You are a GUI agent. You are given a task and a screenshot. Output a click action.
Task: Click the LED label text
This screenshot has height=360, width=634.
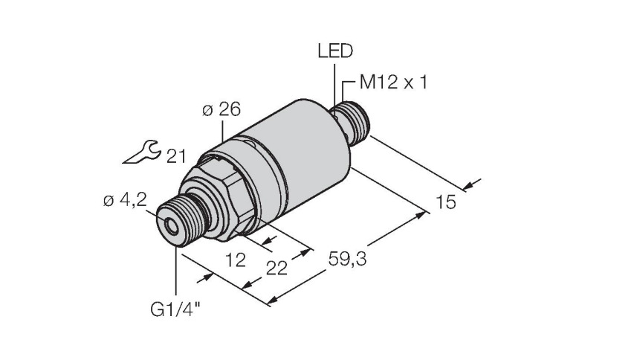(335, 51)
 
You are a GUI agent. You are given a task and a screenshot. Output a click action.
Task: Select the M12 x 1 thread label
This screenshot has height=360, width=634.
(393, 83)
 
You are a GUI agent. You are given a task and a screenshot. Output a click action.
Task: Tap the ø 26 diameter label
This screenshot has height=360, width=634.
(221, 109)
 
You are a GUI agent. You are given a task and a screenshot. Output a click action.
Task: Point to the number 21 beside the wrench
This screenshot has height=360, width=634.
(176, 156)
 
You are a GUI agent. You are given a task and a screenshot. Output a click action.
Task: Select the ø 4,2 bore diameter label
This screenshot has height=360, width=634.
(125, 200)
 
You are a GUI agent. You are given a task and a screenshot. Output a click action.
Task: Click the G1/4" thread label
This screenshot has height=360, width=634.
(175, 310)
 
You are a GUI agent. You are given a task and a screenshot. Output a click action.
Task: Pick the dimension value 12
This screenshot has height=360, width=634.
(236, 260)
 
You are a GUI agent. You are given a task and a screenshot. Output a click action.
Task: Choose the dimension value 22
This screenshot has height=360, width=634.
(276, 269)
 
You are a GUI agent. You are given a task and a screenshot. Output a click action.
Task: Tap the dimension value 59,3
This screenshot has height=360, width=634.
(347, 260)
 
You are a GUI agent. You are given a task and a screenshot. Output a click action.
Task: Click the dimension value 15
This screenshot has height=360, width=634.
(446, 202)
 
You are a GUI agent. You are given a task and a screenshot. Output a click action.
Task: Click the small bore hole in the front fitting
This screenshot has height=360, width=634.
(172, 227)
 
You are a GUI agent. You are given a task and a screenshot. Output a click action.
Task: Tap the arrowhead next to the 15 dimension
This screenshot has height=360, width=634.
(468, 186)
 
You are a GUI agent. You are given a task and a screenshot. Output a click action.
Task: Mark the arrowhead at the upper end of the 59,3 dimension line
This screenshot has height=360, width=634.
(421, 215)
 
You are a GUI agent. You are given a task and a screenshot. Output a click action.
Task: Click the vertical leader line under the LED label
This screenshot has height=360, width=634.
(334, 86)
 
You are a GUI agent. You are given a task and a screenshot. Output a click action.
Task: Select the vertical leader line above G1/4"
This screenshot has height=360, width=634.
(176, 270)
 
